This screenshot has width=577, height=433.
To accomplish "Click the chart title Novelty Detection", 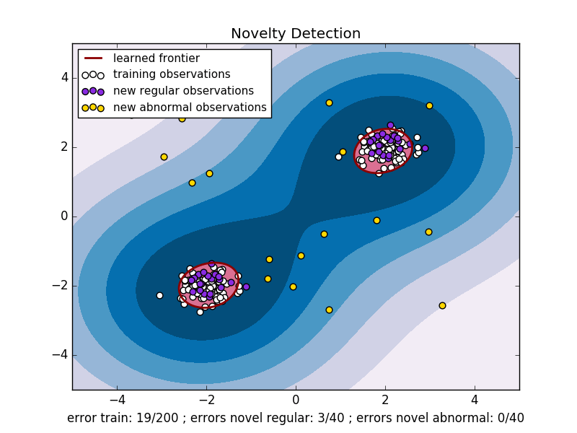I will [x=296, y=34].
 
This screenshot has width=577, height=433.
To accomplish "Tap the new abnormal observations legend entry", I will [x=195, y=108].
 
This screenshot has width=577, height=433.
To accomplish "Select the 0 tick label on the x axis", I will [x=296, y=398].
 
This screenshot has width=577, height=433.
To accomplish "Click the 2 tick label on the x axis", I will [x=385, y=398].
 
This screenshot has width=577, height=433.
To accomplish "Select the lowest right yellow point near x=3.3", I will [x=442, y=305].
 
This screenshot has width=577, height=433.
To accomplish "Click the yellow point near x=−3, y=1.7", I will [x=164, y=157].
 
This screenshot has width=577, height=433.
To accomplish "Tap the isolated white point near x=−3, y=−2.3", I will [x=159, y=295].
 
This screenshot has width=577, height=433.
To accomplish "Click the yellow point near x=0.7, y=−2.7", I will [x=329, y=310].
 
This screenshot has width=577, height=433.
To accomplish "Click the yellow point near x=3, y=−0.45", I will [x=428, y=232].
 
